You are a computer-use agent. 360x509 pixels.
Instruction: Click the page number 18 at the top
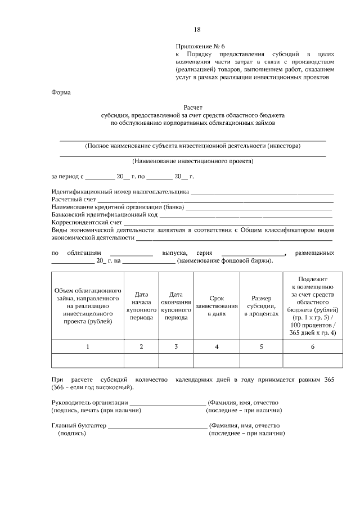point(197,30)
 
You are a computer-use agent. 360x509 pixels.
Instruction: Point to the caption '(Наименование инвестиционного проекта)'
point(193,161)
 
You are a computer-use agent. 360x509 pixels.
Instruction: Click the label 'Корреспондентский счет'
point(87,223)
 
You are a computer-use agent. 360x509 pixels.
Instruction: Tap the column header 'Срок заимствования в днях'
point(217,306)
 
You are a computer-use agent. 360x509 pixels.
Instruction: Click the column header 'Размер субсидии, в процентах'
point(261,306)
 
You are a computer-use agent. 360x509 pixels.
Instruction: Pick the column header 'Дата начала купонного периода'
point(141,306)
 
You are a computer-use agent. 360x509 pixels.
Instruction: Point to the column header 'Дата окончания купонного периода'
point(176,306)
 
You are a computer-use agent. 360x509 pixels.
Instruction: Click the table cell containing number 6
point(312,346)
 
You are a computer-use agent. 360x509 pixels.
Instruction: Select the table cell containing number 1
point(88,346)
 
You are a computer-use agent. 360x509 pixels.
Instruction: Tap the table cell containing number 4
point(217,346)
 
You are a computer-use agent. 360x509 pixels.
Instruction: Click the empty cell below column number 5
point(261,360)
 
